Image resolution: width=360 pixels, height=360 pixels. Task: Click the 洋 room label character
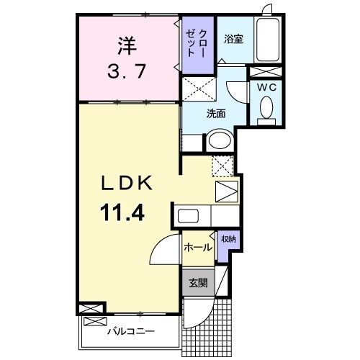click(127, 45)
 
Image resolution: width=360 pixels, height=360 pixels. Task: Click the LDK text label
click(126, 184)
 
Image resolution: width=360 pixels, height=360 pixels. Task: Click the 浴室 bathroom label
click(233, 38)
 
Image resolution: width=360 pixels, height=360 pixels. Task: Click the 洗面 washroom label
click(217, 113)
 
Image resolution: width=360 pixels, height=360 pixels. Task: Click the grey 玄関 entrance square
click(197, 283)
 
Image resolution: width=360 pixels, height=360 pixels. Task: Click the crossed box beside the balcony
click(93, 307)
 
